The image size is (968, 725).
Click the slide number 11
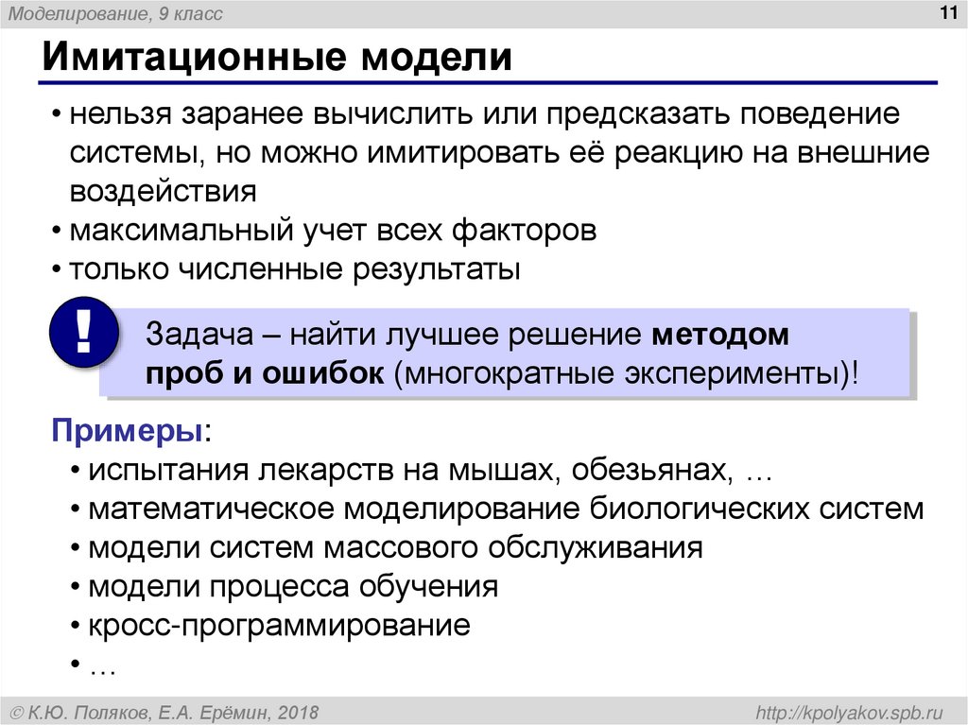click(944, 11)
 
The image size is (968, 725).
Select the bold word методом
click(719, 336)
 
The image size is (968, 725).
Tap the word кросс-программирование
click(280, 626)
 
